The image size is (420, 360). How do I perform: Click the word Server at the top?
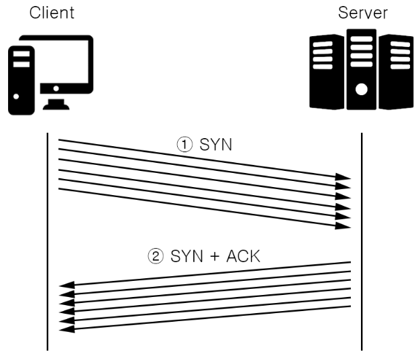coord(363,12)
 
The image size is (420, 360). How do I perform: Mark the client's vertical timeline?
coord(47,241)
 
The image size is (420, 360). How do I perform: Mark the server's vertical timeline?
coord(362,241)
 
